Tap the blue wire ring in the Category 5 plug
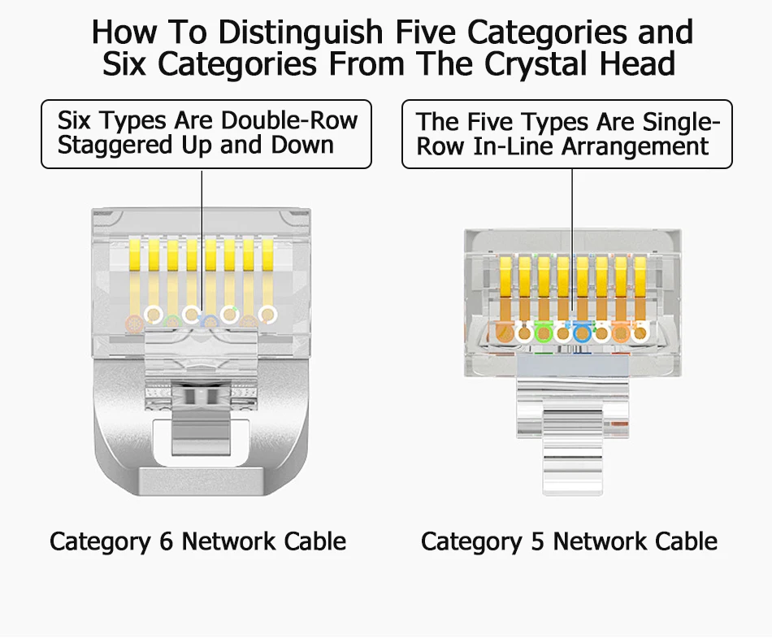tap(582, 331)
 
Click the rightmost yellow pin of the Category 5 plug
tap(640, 286)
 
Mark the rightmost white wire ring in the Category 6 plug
tap(267, 314)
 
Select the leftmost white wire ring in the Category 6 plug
tap(152, 314)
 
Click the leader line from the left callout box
tap(202, 236)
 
